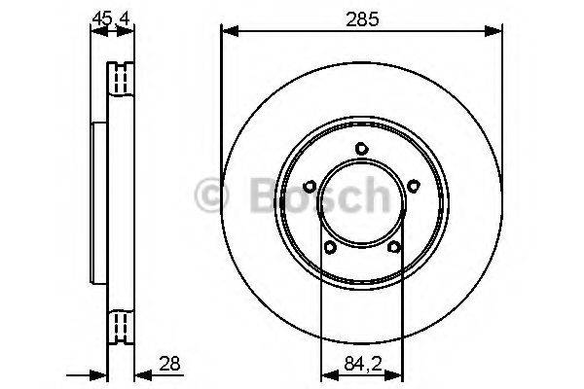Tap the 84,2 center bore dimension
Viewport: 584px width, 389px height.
361,365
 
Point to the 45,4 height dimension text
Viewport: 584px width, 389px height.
110,17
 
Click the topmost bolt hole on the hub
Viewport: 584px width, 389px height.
361,149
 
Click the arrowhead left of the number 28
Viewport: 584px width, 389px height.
138,373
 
